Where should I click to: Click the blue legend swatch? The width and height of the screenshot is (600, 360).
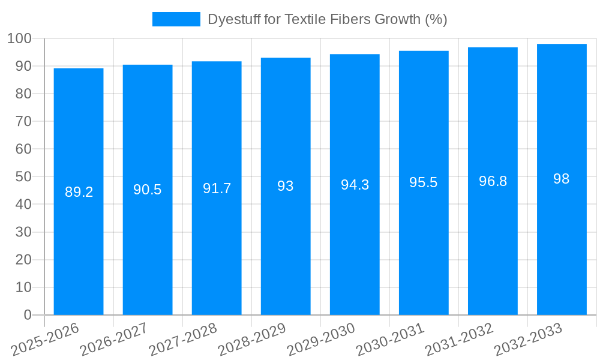pos(176,19)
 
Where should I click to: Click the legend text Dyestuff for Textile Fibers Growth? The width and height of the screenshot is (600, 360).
pos(327,19)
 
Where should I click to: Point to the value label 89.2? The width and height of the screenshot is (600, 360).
pos(79,192)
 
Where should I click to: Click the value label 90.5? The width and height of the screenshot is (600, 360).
pos(148,190)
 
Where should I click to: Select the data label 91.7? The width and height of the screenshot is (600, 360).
pos(217,188)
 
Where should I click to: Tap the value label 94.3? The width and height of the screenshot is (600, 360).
pos(355,185)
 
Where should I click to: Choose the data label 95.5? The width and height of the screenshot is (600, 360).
pos(424,182)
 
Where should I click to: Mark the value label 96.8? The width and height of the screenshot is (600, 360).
pos(493,181)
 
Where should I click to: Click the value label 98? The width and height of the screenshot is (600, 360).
pos(562,179)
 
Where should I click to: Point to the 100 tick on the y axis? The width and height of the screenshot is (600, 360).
pos(19,39)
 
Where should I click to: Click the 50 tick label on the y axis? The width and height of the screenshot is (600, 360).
pos(23,177)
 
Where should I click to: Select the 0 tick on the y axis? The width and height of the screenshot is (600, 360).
pos(27,315)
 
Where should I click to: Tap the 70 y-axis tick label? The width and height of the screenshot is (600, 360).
pos(23,122)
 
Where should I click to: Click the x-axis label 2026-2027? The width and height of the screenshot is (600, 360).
pos(115,340)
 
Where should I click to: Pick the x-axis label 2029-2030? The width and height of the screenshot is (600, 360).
pos(321,340)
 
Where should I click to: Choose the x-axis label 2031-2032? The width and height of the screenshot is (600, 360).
pos(459,340)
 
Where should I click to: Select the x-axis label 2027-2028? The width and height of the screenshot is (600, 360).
pos(183,340)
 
